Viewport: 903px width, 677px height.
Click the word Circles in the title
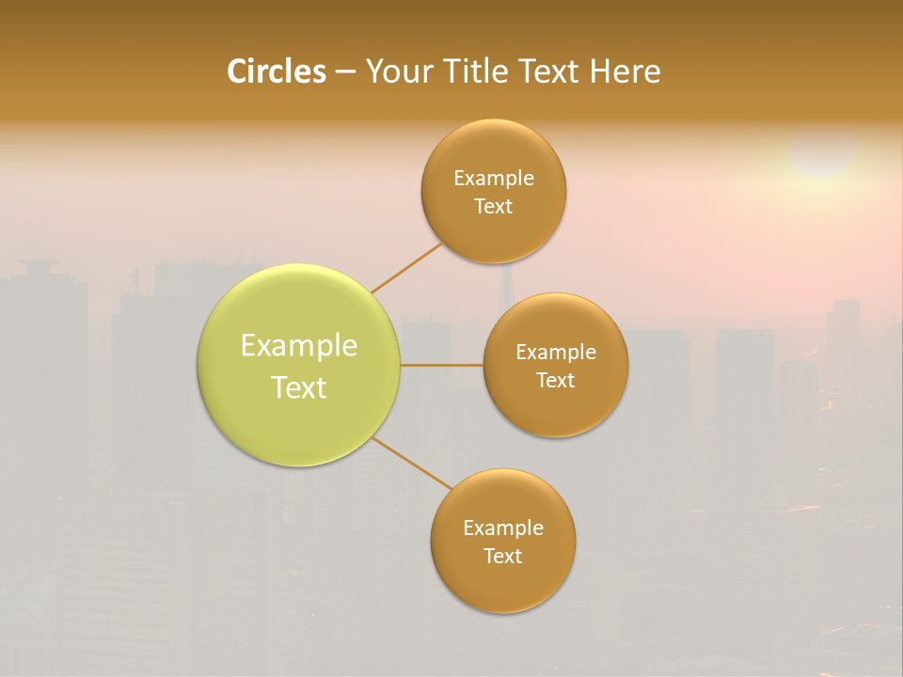pyautogui.click(x=277, y=71)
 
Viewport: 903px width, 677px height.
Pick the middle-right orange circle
pyautogui.click(x=556, y=409)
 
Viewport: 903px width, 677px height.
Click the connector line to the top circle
pyautogui.click(x=406, y=267)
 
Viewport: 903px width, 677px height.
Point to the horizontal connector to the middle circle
pyautogui.click(x=442, y=365)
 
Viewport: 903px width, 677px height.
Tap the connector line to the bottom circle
pyautogui.click(x=412, y=462)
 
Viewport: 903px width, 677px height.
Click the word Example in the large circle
pyautogui.click(x=299, y=346)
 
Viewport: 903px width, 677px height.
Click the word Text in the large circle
pyautogui.click(x=299, y=387)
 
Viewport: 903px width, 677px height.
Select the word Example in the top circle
pyautogui.click(x=494, y=178)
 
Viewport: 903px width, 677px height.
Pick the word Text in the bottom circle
pyautogui.click(x=502, y=556)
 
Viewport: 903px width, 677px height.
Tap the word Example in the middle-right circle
pyautogui.click(x=556, y=352)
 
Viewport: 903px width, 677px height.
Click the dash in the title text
pyautogui.click(x=344, y=71)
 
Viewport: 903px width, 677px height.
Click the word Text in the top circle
pyautogui.click(x=494, y=206)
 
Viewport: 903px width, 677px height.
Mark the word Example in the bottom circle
pyautogui.click(x=502, y=527)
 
